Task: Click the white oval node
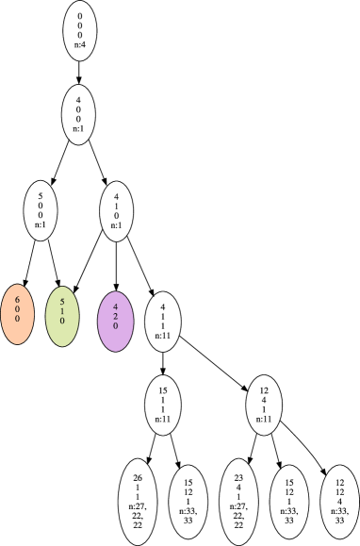pyautogui.click(x=116, y=211)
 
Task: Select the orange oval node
pyautogui.click(x=17, y=314)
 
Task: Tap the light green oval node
pyautogui.click(x=62, y=316)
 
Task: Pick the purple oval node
pyautogui.click(x=116, y=321)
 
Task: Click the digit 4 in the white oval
pyautogui.click(x=116, y=197)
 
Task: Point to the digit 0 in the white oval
pyautogui.click(x=116, y=216)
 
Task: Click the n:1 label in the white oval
pyautogui.click(x=116, y=225)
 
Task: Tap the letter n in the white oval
pyautogui.click(x=112, y=226)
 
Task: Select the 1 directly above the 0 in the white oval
pyautogui.click(x=116, y=207)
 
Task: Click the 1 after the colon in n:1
pyautogui.click(x=120, y=225)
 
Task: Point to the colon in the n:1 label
pyautogui.click(x=116, y=226)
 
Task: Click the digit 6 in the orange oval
pyautogui.click(x=17, y=300)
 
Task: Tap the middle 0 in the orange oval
pyautogui.click(x=17, y=309)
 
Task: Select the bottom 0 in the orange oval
pyautogui.click(x=17, y=319)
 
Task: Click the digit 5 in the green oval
pyautogui.click(x=62, y=302)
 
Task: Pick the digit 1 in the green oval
pyautogui.click(x=62, y=311)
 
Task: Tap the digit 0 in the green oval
pyautogui.click(x=62, y=321)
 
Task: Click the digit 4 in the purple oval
pyautogui.click(x=115, y=306)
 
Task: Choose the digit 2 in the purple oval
pyautogui.click(x=115, y=316)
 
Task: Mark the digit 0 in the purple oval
pyautogui.click(x=115, y=325)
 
